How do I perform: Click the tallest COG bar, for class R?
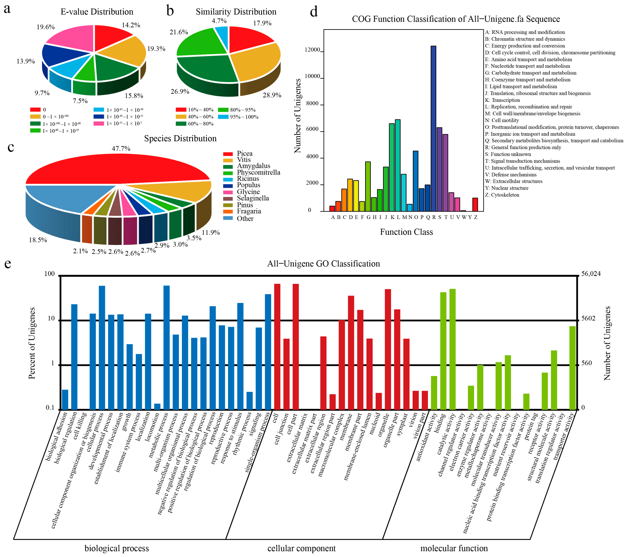pyautogui.click(x=433, y=128)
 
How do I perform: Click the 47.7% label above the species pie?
pyautogui.click(x=121, y=149)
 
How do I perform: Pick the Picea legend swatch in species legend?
pyautogui.click(x=228, y=154)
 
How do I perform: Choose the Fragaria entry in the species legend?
pyautogui.click(x=249, y=211)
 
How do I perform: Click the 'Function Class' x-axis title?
pyautogui.click(x=406, y=232)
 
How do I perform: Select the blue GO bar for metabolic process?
pyautogui.click(x=167, y=347)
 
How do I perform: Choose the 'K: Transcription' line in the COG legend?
pyautogui.click(x=502, y=100)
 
